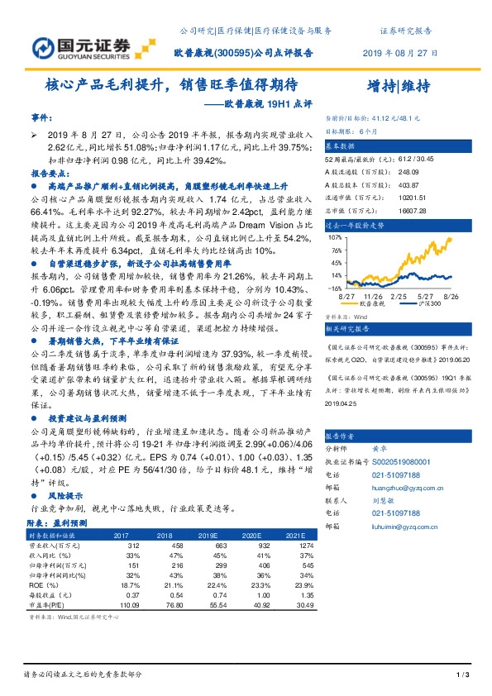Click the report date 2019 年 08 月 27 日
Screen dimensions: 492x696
[x=399, y=52]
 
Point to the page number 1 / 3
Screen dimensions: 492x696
[x=463, y=676]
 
